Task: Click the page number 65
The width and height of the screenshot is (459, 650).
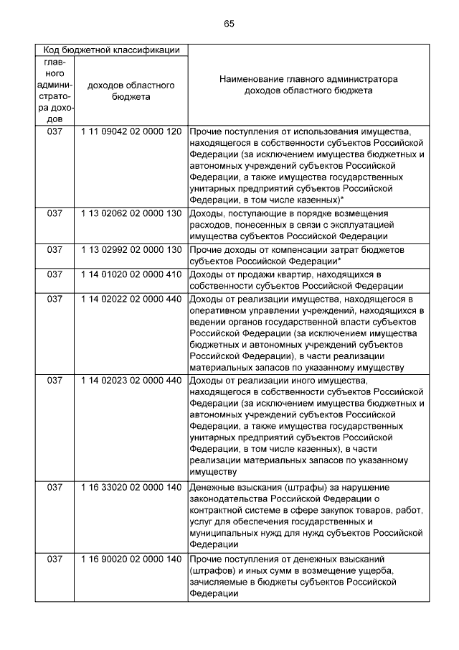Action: [x=229, y=24]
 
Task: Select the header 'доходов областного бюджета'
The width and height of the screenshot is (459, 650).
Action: [x=131, y=91]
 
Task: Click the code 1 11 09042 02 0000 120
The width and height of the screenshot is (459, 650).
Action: [x=131, y=132]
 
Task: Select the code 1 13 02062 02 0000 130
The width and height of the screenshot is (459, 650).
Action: [x=131, y=214]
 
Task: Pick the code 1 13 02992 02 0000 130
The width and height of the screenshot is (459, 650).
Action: [x=131, y=249]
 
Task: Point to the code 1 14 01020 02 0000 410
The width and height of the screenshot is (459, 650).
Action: [x=131, y=274]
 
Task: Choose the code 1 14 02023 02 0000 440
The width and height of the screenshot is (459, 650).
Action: [x=131, y=380]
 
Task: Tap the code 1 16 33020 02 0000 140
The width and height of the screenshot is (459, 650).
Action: [x=131, y=488]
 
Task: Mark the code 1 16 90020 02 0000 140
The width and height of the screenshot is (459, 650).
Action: [x=131, y=559]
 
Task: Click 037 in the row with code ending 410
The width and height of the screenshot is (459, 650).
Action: [x=55, y=274]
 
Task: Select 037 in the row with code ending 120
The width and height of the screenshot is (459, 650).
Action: [x=55, y=132]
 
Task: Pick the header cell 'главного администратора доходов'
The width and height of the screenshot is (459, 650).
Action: [x=55, y=91]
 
